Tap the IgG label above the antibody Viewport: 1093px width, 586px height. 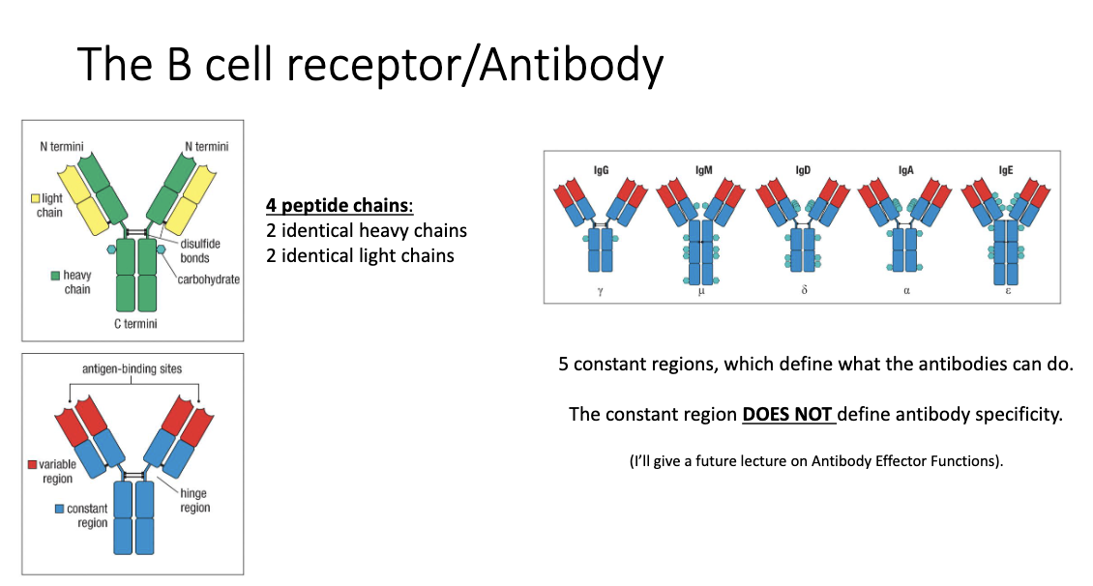(x=600, y=169)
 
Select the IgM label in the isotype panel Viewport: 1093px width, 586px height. (x=702, y=169)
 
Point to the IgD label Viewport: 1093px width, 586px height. (x=803, y=169)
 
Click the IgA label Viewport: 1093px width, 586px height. (x=905, y=169)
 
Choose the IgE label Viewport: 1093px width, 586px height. (x=1007, y=169)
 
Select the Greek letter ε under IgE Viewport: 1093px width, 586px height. (x=1007, y=290)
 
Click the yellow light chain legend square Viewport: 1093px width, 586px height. (x=34, y=198)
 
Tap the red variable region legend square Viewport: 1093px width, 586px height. (x=32, y=465)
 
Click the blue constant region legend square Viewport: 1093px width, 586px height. (x=60, y=509)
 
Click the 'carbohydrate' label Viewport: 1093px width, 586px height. (x=208, y=279)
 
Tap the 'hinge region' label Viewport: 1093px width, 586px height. (x=194, y=500)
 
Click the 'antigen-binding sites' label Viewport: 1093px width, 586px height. (x=132, y=369)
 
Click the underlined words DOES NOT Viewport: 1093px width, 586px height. (x=787, y=415)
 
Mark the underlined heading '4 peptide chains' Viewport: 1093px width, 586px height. (x=340, y=206)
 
